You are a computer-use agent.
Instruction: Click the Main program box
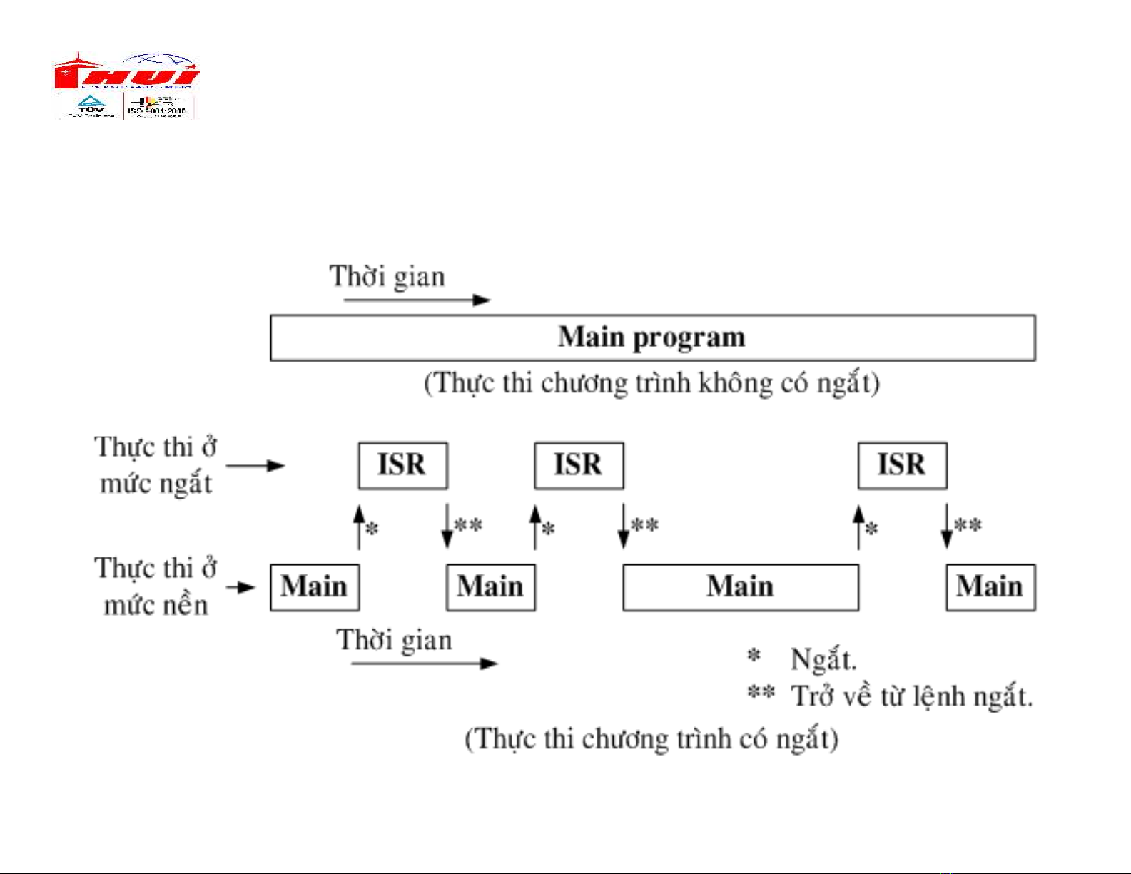click(x=652, y=337)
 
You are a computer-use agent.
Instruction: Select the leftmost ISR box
click(x=402, y=465)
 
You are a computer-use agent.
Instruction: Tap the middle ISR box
click(x=579, y=465)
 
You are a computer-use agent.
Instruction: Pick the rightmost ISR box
click(x=902, y=465)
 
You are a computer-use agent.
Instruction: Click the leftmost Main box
click(x=314, y=587)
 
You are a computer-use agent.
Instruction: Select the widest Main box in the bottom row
click(x=740, y=587)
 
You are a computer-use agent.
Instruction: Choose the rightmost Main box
click(x=990, y=587)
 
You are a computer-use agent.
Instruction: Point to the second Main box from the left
click(x=490, y=587)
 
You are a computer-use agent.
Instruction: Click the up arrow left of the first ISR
click(x=359, y=527)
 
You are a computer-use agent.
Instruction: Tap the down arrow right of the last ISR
click(x=947, y=527)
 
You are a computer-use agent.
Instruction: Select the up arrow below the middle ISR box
click(x=535, y=527)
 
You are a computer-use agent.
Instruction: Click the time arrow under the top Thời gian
click(x=417, y=300)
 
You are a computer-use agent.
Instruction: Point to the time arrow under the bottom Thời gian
click(x=424, y=664)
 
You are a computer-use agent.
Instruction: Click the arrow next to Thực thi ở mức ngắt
click(x=255, y=466)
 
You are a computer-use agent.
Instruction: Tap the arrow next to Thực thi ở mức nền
click(x=241, y=588)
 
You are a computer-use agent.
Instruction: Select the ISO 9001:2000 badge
click(x=158, y=107)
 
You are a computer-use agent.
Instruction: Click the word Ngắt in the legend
click(x=823, y=659)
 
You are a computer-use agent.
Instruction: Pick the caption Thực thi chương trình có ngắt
click(x=651, y=739)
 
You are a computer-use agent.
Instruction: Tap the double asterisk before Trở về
click(x=761, y=692)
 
